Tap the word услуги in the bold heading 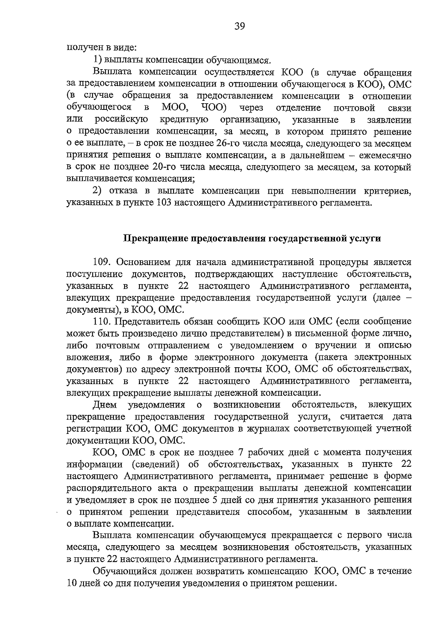coord(367,239)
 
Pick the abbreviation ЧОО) coord(214,108)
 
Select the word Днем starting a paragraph coord(105,405)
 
